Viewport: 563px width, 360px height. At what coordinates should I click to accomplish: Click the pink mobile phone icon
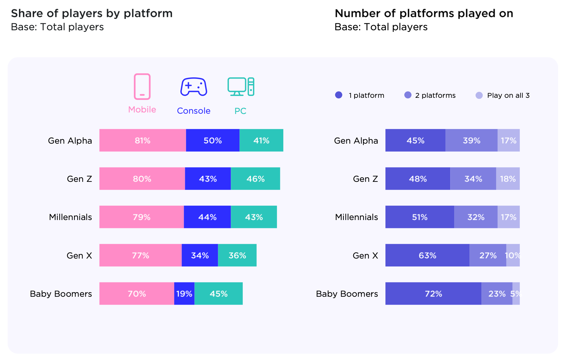[x=142, y=86]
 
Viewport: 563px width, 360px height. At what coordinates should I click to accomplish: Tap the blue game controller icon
[x=193, y=87]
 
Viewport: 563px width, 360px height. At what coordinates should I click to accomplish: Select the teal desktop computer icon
[x=241, y=87]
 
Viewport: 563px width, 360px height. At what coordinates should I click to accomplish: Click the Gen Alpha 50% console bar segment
[x=212, y=140]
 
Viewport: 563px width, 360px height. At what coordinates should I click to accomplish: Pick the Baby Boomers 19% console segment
[x=184, y=294]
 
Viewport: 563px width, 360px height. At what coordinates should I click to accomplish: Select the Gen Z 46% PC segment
[x=255, y=179]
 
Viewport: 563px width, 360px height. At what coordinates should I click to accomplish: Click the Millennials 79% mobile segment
[x=142, y=217]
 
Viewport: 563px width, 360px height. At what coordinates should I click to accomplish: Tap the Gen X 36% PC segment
[x=237, y=255]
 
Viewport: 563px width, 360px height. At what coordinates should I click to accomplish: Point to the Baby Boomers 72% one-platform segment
[x=433, y=294]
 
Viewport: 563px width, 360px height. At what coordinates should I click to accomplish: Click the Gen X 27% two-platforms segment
[x=488, y=255]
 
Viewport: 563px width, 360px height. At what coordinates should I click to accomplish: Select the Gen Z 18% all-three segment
[x=508, y=179]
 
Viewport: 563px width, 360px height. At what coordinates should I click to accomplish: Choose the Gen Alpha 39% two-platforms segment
[x=471, y=140]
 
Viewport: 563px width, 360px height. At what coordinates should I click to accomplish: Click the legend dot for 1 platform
[x=339, y=95]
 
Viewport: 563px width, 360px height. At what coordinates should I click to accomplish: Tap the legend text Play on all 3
[x=508, y=95]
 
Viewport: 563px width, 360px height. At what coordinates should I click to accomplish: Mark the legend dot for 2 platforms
[x=408, y=95]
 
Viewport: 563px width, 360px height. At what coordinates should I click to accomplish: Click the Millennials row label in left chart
[x=70, y=217]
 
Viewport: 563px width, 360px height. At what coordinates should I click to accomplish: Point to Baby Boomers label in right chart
[x=347, y=294]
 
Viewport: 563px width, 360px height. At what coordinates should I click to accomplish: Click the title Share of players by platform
[x=92, y=13]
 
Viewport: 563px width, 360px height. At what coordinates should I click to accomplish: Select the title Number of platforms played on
[x=424, y=13]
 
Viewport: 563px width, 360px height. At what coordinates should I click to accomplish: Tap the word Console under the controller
[x=193, y=111]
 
